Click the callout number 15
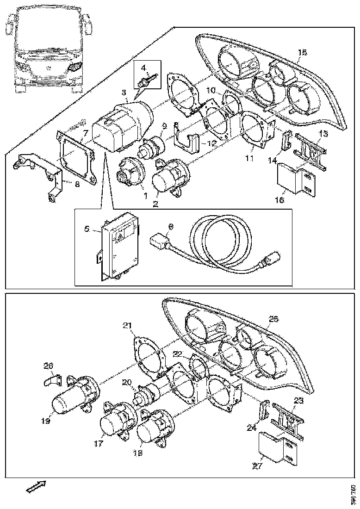click(302, 53)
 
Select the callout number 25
click(274, 319)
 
